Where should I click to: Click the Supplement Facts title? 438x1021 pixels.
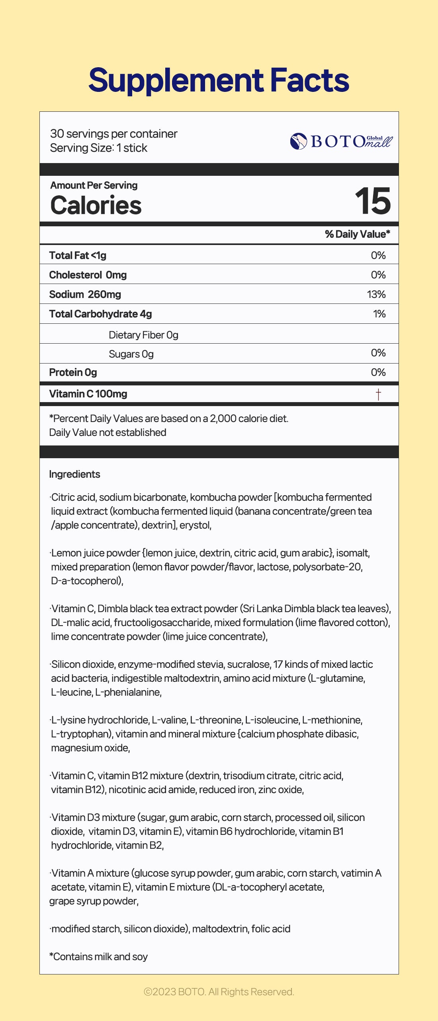(219, 80)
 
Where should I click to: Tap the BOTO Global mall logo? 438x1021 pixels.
(341, 141)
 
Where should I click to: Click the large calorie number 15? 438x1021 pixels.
(373, 201)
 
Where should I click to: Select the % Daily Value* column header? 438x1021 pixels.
(357, 234)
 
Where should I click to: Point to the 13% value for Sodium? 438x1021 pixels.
(376, 294)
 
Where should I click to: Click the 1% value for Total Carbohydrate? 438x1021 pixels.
(379, 314)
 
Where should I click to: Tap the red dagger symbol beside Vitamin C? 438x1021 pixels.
(378, 394)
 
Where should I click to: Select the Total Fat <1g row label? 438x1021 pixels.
(78, 255)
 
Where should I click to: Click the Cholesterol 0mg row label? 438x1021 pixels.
(88, 275)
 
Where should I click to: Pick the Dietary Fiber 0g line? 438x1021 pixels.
(143, 335)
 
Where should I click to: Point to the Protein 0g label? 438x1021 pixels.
(73, 372)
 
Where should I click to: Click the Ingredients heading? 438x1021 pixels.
(74, 474)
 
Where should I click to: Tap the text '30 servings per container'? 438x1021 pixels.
(113, 134)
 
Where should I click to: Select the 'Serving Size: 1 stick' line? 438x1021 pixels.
(98, 148)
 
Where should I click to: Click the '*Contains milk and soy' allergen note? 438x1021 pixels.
(98, 957)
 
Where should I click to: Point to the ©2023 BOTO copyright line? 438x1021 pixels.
(219, 992)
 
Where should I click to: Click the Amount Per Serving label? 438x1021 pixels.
(94, 185)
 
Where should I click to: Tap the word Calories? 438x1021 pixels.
(96, 205)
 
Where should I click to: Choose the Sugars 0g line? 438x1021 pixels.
(131, 354)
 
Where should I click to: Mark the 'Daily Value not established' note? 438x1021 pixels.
(108, 432)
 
